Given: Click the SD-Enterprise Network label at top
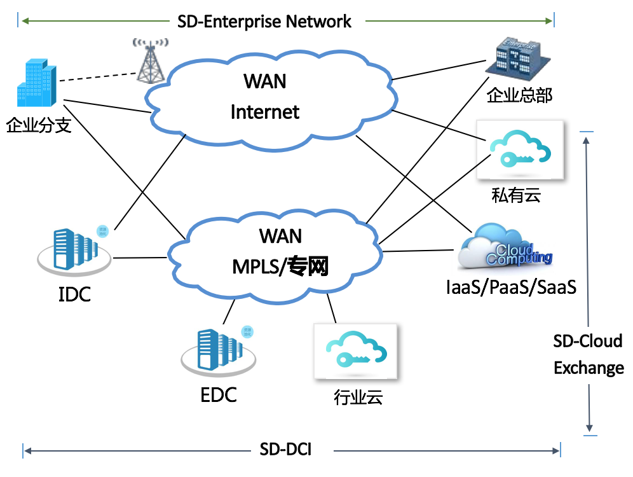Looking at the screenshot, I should (264, 21).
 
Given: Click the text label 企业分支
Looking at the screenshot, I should (38, 125).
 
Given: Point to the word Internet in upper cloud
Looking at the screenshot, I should (264, 112).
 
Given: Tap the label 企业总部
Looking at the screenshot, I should (519, 96).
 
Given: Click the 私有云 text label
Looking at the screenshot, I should (515, 195).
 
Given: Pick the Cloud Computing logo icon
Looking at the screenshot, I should (506, 247).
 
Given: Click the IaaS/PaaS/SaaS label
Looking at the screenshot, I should (512, 287).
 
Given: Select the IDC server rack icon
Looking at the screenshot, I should (74, 250).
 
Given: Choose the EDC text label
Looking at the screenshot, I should (219, 395).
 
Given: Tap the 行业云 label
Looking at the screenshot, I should (358, 398).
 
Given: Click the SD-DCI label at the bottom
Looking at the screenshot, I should (285, 450).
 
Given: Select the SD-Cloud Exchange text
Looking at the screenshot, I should (588, 354).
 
